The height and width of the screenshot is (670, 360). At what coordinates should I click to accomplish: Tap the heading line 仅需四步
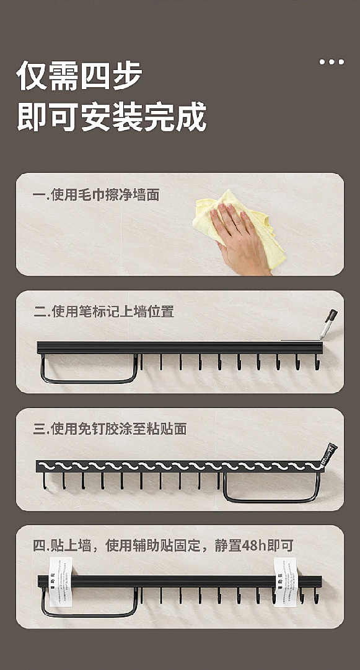79,76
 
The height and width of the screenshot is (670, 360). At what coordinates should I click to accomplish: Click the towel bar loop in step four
89,604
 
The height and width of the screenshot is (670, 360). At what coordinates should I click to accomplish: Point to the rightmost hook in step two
317,363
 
